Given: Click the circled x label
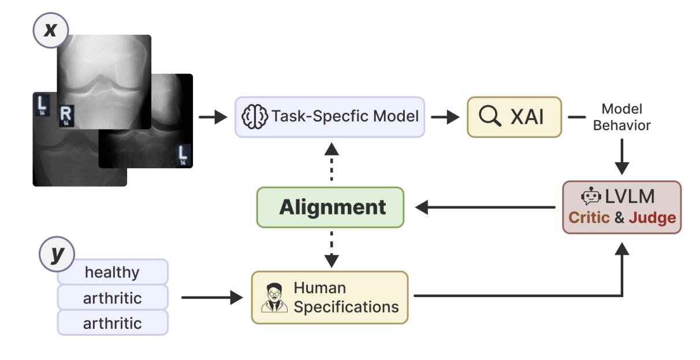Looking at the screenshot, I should [x=51, y=29].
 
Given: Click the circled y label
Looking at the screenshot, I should [x=57, y=255].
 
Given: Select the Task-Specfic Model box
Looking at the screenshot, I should [x=330, y=117].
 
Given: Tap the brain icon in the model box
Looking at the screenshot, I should [x=255, y=117].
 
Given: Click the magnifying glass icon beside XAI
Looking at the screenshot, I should [x=490, y=117].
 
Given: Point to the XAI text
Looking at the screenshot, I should [x=527, y=117].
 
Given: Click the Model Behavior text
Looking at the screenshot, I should [x=621, y=117].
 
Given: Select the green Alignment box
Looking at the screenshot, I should [x=330, y=207].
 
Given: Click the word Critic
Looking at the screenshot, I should [x=589, y=218].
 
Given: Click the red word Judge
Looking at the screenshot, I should [x=652, y=218].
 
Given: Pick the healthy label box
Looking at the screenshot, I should [x=113, y=272].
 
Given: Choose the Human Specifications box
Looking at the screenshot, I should [x=330, y=297].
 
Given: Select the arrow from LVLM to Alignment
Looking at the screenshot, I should [x=485, y=207].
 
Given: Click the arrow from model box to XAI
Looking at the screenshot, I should [x=445, y=117].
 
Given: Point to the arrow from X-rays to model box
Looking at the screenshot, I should [x=213, y=117].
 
